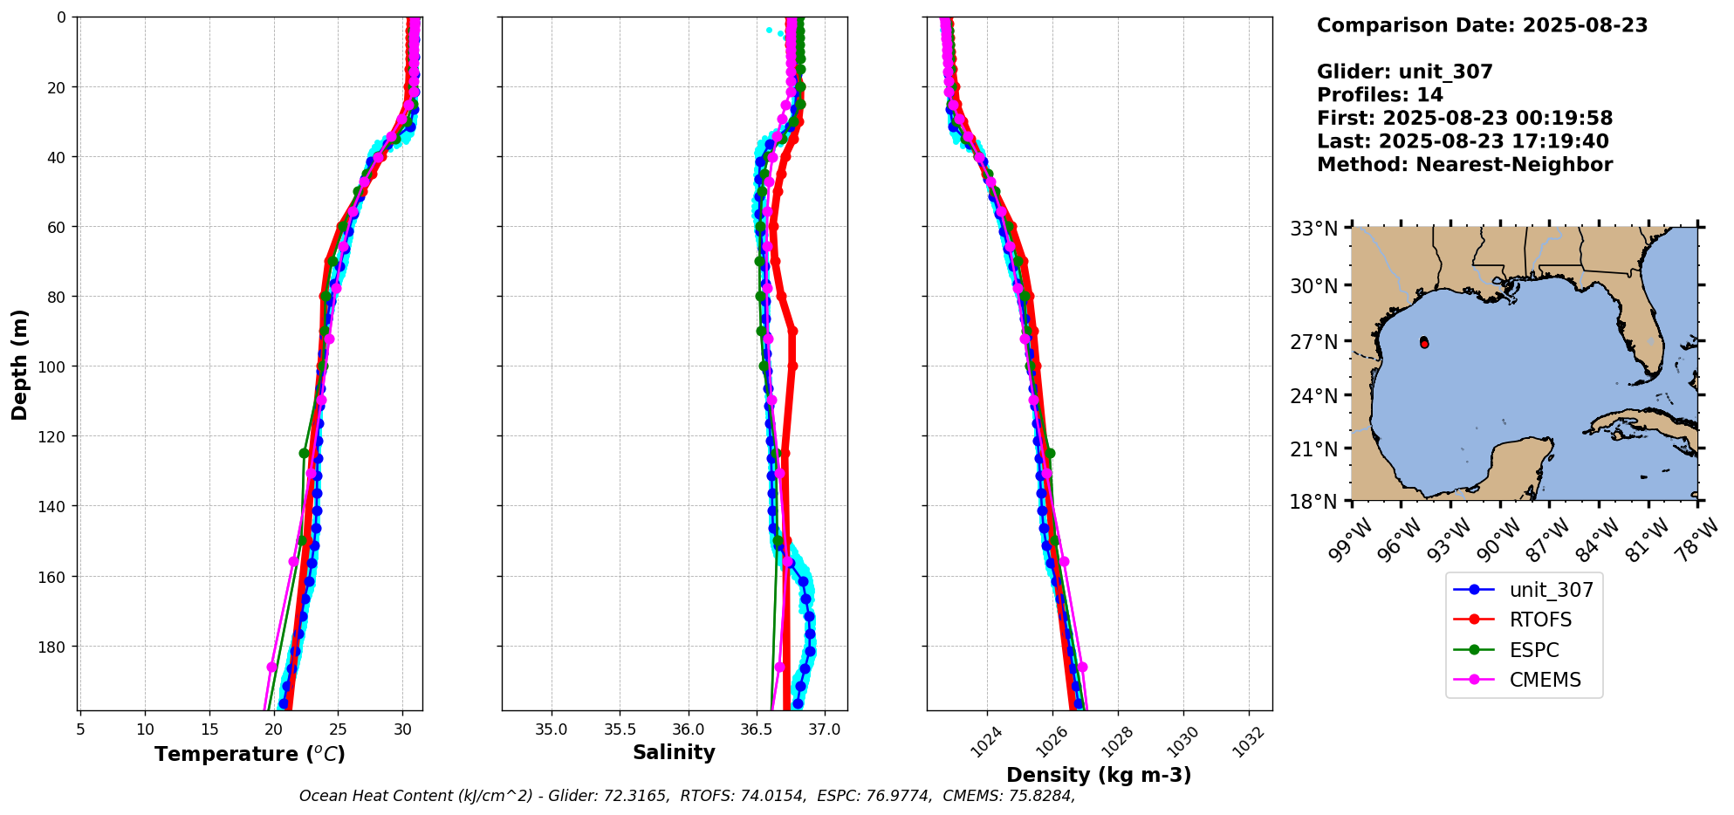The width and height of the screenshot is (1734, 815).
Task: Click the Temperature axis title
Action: click(x=250, y=754)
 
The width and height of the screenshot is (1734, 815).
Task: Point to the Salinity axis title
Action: click(x=674, y=752)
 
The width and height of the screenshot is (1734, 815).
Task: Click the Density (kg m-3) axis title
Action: click(x=1099, y=775)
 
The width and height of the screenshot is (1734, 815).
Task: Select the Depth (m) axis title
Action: click(x=19, y=364)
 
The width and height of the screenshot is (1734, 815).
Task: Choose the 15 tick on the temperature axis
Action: click(x=209, y=729)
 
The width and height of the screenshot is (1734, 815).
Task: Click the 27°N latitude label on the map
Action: click(x=1313, y=341)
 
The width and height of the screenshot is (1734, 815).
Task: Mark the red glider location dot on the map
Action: click(x=1424, y=343)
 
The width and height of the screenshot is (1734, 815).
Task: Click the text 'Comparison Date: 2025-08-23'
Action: click(x=1482, y=25)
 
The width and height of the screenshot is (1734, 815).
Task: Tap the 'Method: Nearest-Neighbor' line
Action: click(x=1464, y=164)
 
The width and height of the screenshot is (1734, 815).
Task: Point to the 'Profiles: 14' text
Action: click(x=1380, y=95)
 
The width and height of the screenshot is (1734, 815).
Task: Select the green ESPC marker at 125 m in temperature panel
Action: click(x=304, y=453)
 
